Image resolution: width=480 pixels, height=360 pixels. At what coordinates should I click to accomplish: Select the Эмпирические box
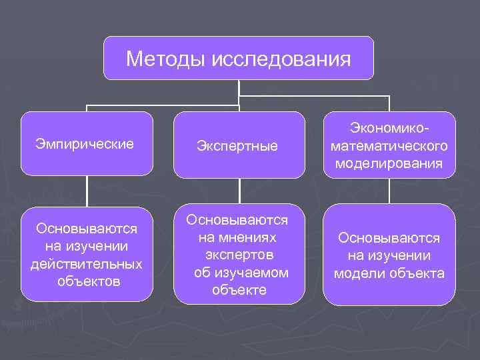[x=87, y=143]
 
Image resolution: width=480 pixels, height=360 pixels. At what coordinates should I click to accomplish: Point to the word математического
[x=390, y=145]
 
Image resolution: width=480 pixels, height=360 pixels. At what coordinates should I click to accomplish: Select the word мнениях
[x=237, y=237]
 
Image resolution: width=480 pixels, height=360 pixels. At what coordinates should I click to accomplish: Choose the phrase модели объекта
[x=389, y=273]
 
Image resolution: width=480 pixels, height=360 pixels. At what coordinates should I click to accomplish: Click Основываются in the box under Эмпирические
[x=87, y=229]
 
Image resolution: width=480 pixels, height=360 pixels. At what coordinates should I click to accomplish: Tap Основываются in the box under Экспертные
[x=237, y=219]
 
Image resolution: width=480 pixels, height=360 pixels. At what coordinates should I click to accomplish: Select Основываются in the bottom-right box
[x=389, y=238]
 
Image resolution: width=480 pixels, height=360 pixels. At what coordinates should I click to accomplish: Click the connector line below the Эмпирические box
[x=87, y=191]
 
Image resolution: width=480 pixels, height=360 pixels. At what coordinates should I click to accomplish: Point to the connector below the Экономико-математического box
[x=390, y=191]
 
